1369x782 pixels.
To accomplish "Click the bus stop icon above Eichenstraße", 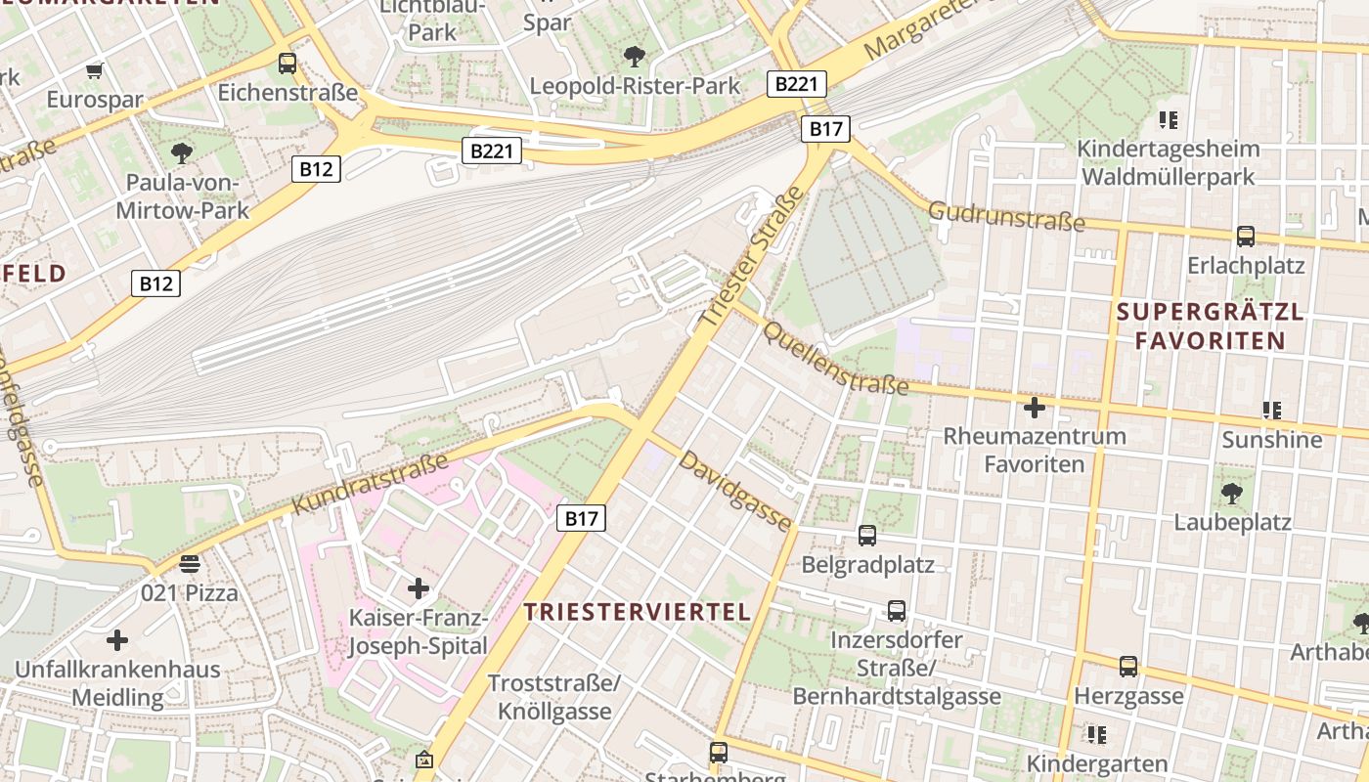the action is [x=287, y=64].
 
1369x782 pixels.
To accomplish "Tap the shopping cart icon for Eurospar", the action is [x=95, y=70].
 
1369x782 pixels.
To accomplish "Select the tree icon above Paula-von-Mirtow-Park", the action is [x=181, y=152].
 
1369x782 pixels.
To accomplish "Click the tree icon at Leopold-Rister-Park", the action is [x=635, y=56].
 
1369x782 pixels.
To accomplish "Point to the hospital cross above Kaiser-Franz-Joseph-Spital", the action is [x=419, y=588].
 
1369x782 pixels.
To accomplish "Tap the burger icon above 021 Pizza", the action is [x=190, y=563].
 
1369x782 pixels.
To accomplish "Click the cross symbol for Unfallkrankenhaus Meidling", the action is [x=117, y=640].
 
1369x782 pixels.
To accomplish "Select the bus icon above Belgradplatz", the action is [x=867, y=535].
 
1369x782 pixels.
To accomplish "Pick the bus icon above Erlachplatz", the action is [x=1245, y=236].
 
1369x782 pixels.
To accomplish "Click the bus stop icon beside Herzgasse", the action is [x=1128, y=667].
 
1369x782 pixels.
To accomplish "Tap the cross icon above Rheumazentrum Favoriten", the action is [x=1034, y=407].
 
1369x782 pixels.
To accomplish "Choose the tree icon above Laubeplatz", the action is [x=1232, y=494].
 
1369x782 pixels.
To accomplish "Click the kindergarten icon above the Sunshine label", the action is [x=1271, y=411].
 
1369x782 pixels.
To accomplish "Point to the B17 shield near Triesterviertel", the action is [x=581, y=518].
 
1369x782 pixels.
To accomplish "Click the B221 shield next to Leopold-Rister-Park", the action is [x=795, y=84].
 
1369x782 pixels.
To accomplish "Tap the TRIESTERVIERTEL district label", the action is [x=638, y=612].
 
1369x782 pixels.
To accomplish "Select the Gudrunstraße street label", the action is [x=1006, y=217].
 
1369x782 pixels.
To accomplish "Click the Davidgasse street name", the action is [x=735, y=491].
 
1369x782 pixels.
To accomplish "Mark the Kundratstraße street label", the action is [x=371, y=483].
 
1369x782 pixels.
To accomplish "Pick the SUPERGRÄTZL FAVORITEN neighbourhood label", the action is [x=1211, y=326].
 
